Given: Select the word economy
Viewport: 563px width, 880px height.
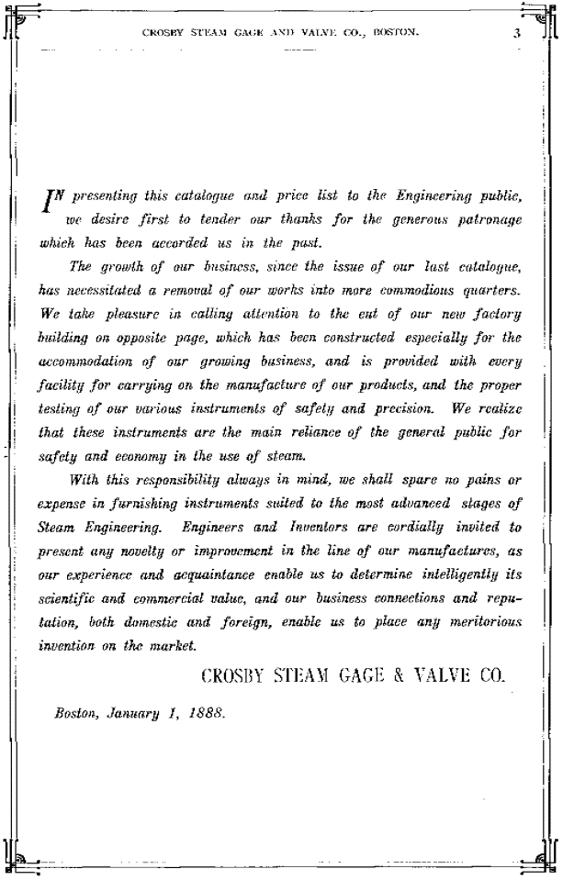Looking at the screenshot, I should [x=138, y=454].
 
